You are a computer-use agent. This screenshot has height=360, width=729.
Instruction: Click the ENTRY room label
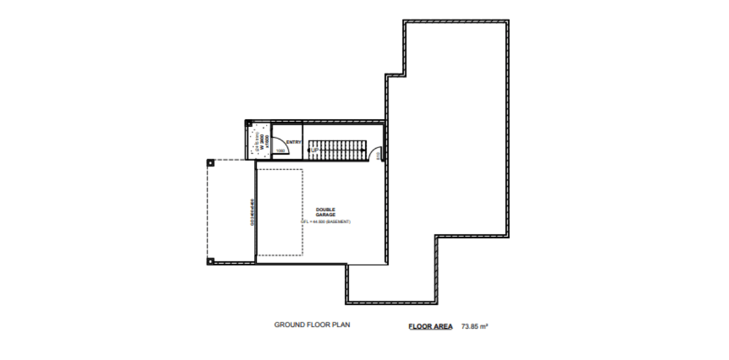pos(294,142)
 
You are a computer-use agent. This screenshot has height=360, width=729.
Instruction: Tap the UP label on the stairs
pos(315,150)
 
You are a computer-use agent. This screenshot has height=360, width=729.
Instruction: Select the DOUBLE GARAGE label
pos(325,212)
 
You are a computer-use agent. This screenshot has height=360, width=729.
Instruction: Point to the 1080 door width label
pos(281,151)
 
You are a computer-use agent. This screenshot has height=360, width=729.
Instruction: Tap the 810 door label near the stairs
pos(378,156)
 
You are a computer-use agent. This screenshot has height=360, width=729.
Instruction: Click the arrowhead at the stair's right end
pos(365,150)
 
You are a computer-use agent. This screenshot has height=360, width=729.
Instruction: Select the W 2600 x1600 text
pos(263,143)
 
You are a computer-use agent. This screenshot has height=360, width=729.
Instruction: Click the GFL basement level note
pos(325,222)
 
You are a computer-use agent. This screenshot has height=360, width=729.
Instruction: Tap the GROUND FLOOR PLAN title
pos(312,325)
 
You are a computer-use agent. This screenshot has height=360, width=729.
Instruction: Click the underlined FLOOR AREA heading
pos(430,326)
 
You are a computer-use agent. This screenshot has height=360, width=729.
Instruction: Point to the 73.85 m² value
pos(475,326)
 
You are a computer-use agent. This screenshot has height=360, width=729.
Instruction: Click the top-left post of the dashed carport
pos(210,163)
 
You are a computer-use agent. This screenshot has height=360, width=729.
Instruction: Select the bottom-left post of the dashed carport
pos(210,261)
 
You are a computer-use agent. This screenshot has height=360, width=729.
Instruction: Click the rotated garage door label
pos(252,212)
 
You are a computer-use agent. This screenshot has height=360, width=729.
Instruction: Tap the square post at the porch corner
pos(249,123)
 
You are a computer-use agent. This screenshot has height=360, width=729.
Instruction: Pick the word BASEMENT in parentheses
pos(338,222)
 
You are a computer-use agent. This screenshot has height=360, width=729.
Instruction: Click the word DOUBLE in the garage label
pos(325,209)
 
